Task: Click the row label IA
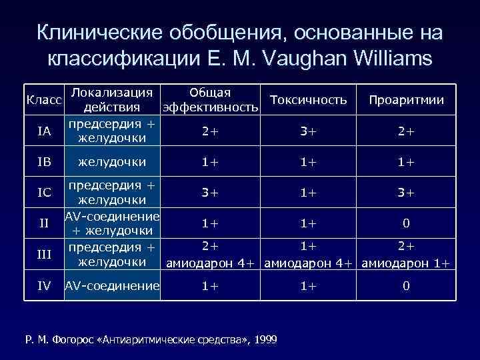pos(44,131)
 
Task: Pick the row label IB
pos(44,161)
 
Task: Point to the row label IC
pos(44,193)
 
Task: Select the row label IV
pos(44,287)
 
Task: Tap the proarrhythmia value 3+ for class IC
pos(406,193)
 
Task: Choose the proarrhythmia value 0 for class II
pos(406,223)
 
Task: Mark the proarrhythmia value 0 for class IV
pos(406,287)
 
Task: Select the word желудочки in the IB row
pos(112,161)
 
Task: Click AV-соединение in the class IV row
pos(112,287)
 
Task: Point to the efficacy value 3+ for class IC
pos(210,193)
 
